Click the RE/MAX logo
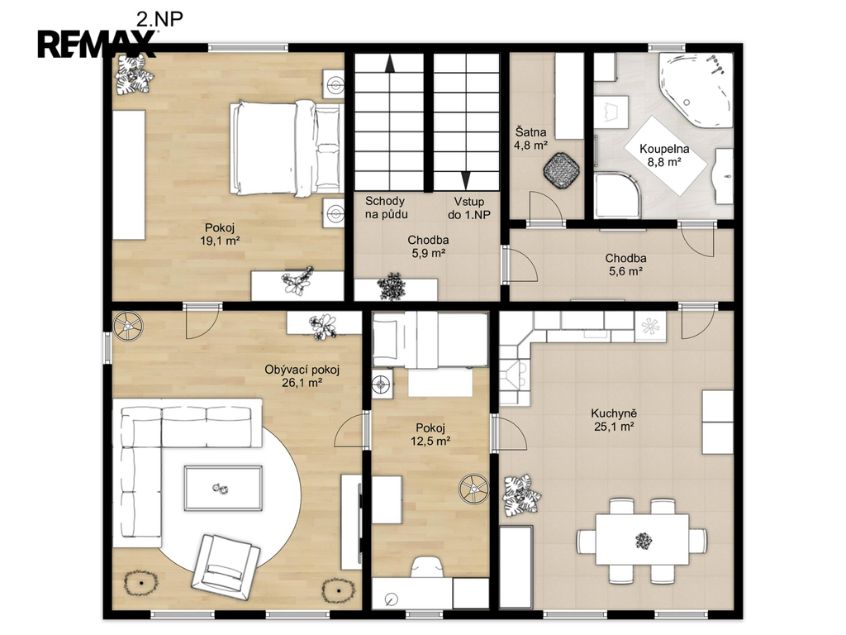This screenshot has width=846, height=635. (97, 44)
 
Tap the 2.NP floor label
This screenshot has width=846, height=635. (159, 19)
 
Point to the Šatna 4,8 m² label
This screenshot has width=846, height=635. (531, 138)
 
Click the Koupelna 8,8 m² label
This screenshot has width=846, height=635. (664, 155)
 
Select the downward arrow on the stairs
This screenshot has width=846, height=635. (466, 180)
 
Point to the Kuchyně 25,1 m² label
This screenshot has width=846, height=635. (614, 420)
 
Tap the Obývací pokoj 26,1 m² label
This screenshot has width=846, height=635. (302, 376)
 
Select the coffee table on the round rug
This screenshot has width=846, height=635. (223, 488)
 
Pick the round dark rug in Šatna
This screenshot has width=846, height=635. (561, 169)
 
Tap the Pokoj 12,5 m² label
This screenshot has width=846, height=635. (430, 435)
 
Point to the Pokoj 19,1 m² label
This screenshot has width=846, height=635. (220, 234)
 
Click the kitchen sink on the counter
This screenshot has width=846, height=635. (515, 375)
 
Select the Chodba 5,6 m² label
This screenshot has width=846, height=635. (626, 265)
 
